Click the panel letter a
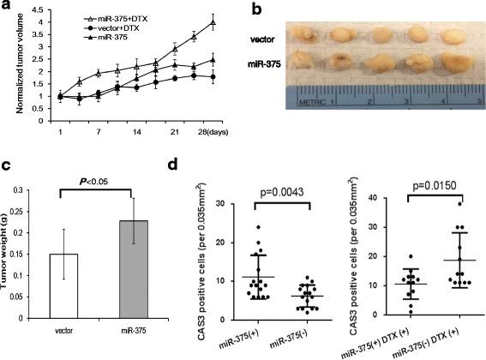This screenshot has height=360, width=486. click(8, 8)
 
